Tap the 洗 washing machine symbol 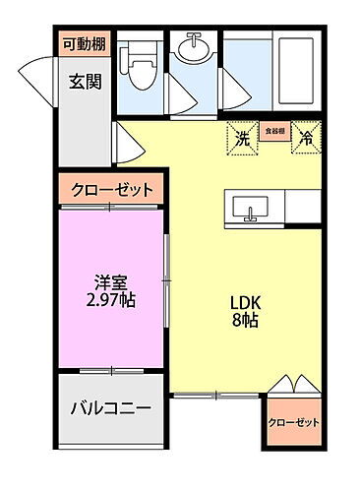tap(242, 139)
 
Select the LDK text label tap(244, 303)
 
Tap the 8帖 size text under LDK tap(244, 322)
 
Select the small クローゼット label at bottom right tap(294, 422)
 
